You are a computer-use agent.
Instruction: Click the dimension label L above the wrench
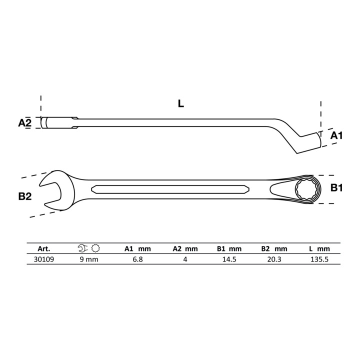tap(181, 104)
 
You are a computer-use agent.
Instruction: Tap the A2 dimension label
tap(25, 122)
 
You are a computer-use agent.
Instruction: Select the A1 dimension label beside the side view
tap(336, 135)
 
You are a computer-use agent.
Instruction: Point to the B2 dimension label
tap(25, 196)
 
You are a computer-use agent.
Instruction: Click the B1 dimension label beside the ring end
tap(336, 188)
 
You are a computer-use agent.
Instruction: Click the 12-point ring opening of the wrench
tap(306, 189)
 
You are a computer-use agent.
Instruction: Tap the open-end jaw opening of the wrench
tap(51, 190)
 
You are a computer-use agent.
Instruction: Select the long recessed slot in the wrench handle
tap(170, 189)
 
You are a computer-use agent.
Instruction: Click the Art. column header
tap(44, 248)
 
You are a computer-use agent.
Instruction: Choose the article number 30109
tap(44, 259)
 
